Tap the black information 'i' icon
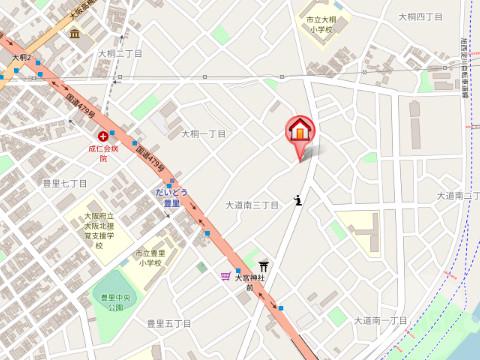tap(299, 201)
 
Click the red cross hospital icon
tap(104, 136)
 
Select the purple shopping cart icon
tap(227, 278)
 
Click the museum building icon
tap(74, 34)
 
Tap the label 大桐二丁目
tap(120, 53)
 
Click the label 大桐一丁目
tap(203, 133)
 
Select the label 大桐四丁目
tap(420, 17)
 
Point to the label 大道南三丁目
tap(251, 205)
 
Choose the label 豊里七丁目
tap(65, 183)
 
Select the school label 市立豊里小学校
tap(152, 259)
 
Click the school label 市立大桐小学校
tap(320, 25)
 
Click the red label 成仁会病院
tap(103, 152)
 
